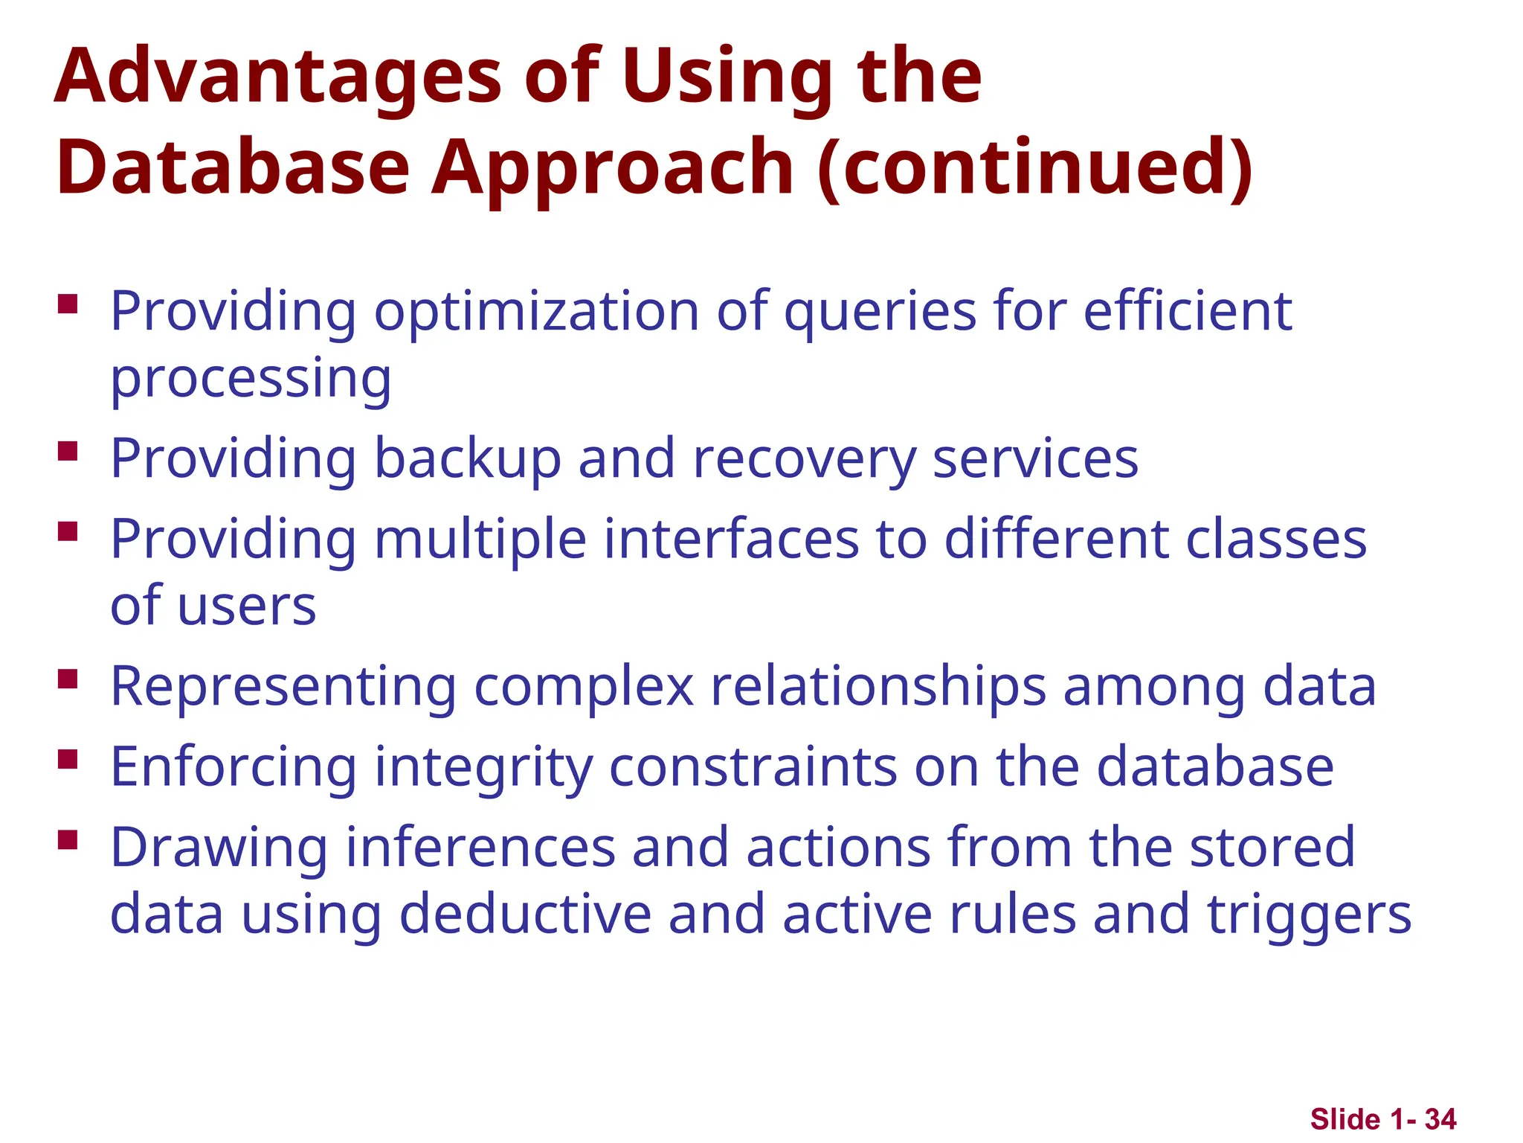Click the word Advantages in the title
pos(279,77)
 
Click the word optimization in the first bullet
pos(536,313)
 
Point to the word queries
pos(880,313)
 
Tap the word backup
pos(467,459)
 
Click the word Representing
pos(283,687)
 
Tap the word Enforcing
pos(234,767)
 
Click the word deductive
pos(525,915)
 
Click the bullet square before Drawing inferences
pos(68,840)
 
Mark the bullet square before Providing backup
pos(68,452)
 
